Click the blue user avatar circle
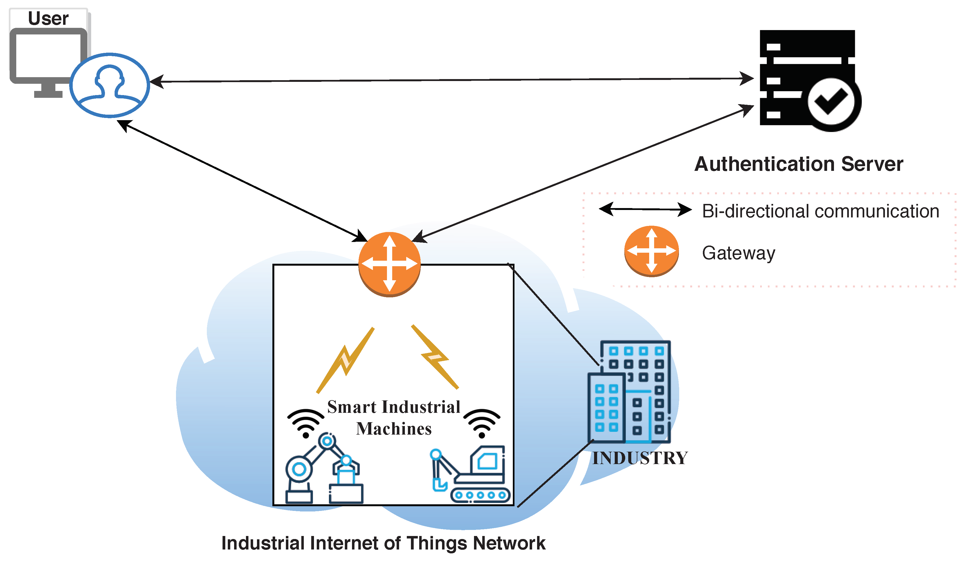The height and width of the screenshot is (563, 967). coord(109,85)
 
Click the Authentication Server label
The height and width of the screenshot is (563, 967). coord(799,164)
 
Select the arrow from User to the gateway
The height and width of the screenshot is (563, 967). coord(242,181)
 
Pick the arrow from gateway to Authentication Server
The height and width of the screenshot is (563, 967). coord(583,173)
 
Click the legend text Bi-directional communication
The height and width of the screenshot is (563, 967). coord(820,211)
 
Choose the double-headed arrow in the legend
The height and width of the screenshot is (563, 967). coord(645,209)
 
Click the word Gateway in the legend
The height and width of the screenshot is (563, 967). coord(739,253)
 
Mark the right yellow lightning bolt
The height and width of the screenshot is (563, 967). coord(435,357)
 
